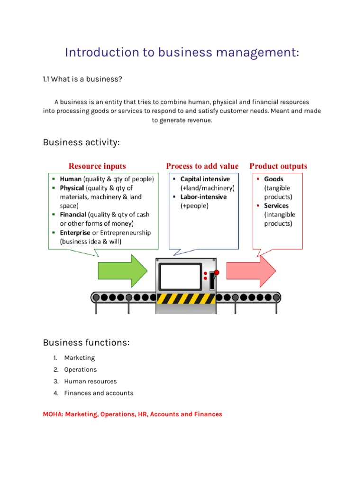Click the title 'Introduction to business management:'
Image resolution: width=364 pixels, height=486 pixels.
pyautogui.click(x=182, y=53)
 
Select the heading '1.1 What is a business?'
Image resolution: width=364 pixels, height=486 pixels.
pyautogui.click(x=82, y=79)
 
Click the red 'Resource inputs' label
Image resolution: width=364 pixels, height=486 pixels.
pyautogui.click(x=97, y=166)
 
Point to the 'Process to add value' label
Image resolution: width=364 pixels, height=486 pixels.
pyautogui.click(x=202, y=166)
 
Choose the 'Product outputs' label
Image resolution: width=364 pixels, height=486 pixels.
pyautogui.click(x=278, y=166)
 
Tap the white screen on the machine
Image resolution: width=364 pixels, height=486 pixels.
pyautogui.click(x=180, y=276)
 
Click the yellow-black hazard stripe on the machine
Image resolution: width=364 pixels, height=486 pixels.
pyautogui.click(x=186, y=299)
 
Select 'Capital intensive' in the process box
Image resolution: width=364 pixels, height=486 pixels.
pyautogui.click(x=205, y=179)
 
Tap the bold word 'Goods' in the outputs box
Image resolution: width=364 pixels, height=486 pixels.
pyautogui.click(x=274, y=179)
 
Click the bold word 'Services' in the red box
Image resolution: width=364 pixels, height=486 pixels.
pyautogui.click(x=276, y=206)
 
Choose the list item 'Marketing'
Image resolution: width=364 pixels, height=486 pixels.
pyautogui.click(x=80, y=358)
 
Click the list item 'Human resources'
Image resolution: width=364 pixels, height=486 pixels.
pyautogui.click(x=91, y=381)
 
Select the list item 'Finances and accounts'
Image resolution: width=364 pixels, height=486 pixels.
pyautogui.click(x=99, y=393)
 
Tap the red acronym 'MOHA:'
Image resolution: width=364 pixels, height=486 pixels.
pyautogui.click(x=53, y=414)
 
